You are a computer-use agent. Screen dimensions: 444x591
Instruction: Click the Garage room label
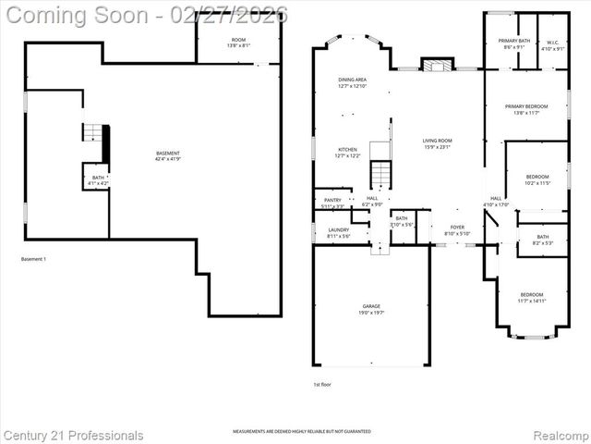pos(371,309)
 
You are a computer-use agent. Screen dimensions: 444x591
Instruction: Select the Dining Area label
pos(353,83)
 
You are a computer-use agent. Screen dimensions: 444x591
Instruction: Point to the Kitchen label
pos(347,152)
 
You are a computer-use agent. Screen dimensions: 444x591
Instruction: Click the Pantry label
pos(333,203)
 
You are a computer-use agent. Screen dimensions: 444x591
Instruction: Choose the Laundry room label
pos(338,232)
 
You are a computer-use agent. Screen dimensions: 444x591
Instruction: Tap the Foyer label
pos(457,230)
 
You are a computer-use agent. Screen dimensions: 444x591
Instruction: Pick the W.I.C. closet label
pos(551,44)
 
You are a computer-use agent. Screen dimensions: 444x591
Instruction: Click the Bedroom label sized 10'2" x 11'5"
pos(537,179)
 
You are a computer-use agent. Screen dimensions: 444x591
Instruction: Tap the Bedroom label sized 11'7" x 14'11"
pos(533,298)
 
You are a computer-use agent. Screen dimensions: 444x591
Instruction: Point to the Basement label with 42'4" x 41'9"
pos(167,156)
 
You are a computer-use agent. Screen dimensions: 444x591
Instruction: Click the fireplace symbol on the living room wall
pos(438,65)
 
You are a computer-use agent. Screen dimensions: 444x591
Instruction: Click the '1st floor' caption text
pos(322,384)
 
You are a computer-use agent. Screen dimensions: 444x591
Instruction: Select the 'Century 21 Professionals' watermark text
pos(73,435)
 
